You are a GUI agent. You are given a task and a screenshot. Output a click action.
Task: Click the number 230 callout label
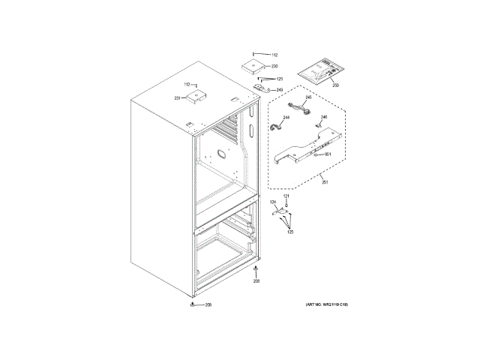(275, 67)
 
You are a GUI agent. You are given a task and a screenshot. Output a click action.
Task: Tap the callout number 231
(178, 97)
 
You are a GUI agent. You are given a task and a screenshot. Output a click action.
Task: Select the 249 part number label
(280, 91)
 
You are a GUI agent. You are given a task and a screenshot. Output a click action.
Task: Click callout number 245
(307, 98)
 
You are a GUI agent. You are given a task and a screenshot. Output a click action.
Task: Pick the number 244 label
(286, 118)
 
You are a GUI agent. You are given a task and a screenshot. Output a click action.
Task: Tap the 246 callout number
(324, 118)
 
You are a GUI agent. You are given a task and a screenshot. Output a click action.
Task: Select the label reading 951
(328, 154)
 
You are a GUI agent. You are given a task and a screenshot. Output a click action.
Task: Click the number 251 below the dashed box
(324, 182)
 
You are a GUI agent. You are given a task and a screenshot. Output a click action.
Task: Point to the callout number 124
(273, 203)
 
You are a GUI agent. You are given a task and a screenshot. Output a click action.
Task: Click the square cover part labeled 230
(253, 66)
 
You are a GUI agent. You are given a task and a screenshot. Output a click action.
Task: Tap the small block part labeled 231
(197, 96)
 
